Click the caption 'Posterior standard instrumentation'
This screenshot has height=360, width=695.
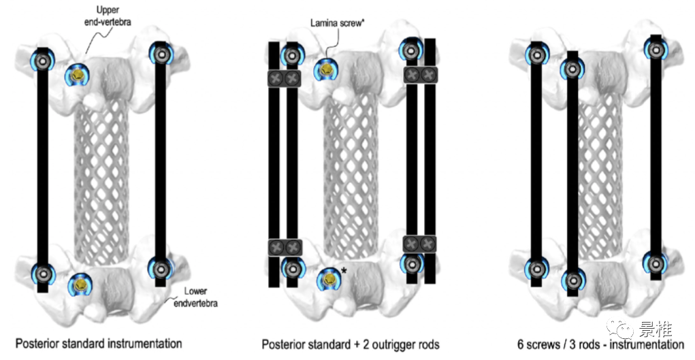(x=99, y=343)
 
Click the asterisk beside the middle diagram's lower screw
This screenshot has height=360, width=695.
(x=344, y=272)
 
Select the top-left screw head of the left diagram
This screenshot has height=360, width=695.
(x=42, y=61)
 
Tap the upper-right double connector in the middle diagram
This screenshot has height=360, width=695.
(x=421, y=73)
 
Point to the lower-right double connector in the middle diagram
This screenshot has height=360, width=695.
(x=419, y=243)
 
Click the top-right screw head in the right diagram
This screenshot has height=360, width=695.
(x=656, y=50)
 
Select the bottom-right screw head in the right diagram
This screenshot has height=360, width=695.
(x=656, y=261)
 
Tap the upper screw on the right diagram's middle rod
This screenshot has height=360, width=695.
(x=572, y=69)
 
